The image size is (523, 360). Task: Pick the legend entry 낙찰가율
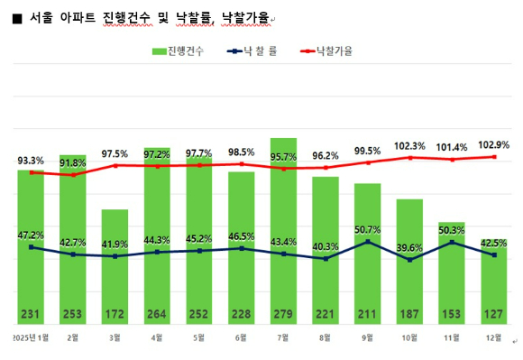[x=330, y=51]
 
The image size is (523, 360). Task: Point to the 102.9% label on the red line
[x=494, y=144]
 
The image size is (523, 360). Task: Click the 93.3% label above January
[x=31, y=161]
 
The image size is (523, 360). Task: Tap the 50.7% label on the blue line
[x=368, y=229]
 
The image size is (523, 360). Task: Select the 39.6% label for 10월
[x=409, y=247]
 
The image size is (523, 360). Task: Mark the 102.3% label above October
[x=409, y=145]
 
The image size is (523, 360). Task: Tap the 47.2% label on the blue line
[x=31, y=235]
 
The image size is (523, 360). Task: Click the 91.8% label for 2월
[x=73, y=163]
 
